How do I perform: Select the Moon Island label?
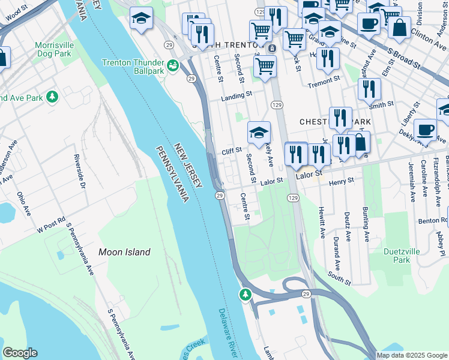(x=124, y=253)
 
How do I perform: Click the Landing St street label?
(x=236, y=96)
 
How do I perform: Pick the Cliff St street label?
(x=231, y=151)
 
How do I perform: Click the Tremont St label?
(x=324, y=85)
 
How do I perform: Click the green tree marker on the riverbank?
(x=244, y=294)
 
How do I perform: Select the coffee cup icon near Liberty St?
(x=425, y=129)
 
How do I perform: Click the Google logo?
(x=20, y=353)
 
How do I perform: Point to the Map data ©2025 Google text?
(x=412, y=355)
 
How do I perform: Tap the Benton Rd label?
(x=433, y=221)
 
